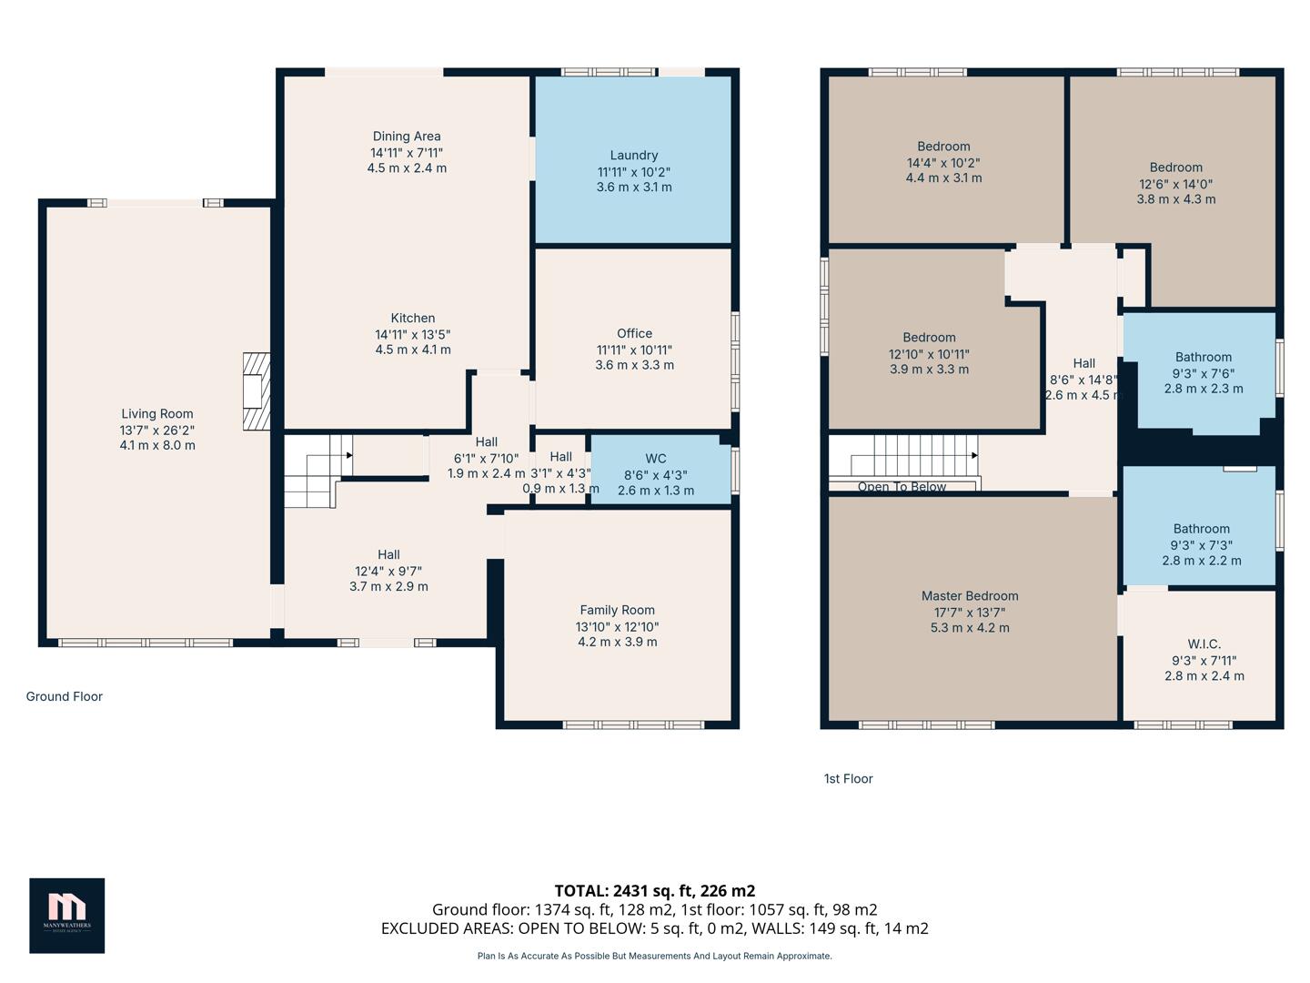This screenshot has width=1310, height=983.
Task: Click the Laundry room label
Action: click(x=633, y=156)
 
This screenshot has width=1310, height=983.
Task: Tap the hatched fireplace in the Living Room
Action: click(x=257, y=391)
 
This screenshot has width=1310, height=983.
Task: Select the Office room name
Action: click(x=634, y=333)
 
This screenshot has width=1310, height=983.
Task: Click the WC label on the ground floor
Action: click(x=655, y=459)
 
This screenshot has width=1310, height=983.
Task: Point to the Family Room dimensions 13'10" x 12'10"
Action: click(x=617, y=626)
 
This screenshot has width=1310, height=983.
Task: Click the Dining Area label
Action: click(x=407, y=137)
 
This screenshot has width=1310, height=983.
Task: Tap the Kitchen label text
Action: click(x=412, y=318)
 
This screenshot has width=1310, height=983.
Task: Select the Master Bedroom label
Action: click(x=969, y=596)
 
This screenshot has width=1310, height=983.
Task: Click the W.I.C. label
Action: click(x=1204, y=644)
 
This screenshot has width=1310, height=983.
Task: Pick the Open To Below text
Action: click(x=902, y=487)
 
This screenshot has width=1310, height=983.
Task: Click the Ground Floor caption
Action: click(x=64, y=696)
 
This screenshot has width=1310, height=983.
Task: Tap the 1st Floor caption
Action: click(x=848, y=778)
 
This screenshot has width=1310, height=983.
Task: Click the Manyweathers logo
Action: click(x=66, y=915)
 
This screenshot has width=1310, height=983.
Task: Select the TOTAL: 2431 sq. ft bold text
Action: click(x=654, y=890)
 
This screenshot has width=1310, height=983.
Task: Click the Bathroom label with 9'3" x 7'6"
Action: click(x=1203, y=358)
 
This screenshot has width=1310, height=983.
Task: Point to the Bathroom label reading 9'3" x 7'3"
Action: click(x=1201, y=529)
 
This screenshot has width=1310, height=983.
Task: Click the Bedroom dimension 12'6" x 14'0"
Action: click(x=1175, y=183)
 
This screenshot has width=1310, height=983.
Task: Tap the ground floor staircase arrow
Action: click(x=348, y=455)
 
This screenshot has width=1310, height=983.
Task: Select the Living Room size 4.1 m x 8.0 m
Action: click(x=157, y=445)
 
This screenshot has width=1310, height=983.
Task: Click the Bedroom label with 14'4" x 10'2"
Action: click(x=943, y=147)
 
